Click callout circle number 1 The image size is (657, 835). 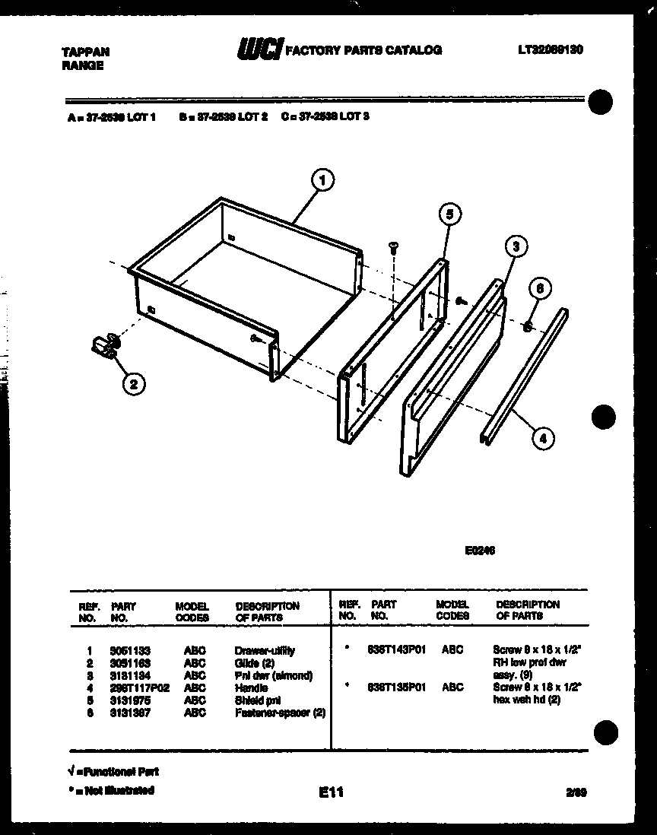pyautogui.click(x=323, y=180)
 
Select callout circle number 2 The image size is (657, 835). pyautogui.click(x=133, y=384)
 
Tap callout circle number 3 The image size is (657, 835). pyautogui.click(x=516, y=247)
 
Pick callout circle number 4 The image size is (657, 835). pyautogui.click(x=542, y=437)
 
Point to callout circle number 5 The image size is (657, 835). pyautogui.click(x=449, y=215)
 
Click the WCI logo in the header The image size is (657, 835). pyautogui.click(x=259, y=50)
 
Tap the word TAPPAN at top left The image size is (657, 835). pyautogui.click(x=84, y=52)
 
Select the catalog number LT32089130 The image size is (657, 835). pyautogui.click(x=551, y=50)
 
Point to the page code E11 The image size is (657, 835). pyautogui.click(x=332, y=792)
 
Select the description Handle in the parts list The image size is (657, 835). pyautogui.click(x=251, y=687)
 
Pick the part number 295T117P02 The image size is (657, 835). pyautogui.click(x=138, y=687)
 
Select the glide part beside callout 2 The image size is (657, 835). pyautogui.click(x=103, y=346)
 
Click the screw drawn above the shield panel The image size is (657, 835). pyautogui.click(x=394, y=247)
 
